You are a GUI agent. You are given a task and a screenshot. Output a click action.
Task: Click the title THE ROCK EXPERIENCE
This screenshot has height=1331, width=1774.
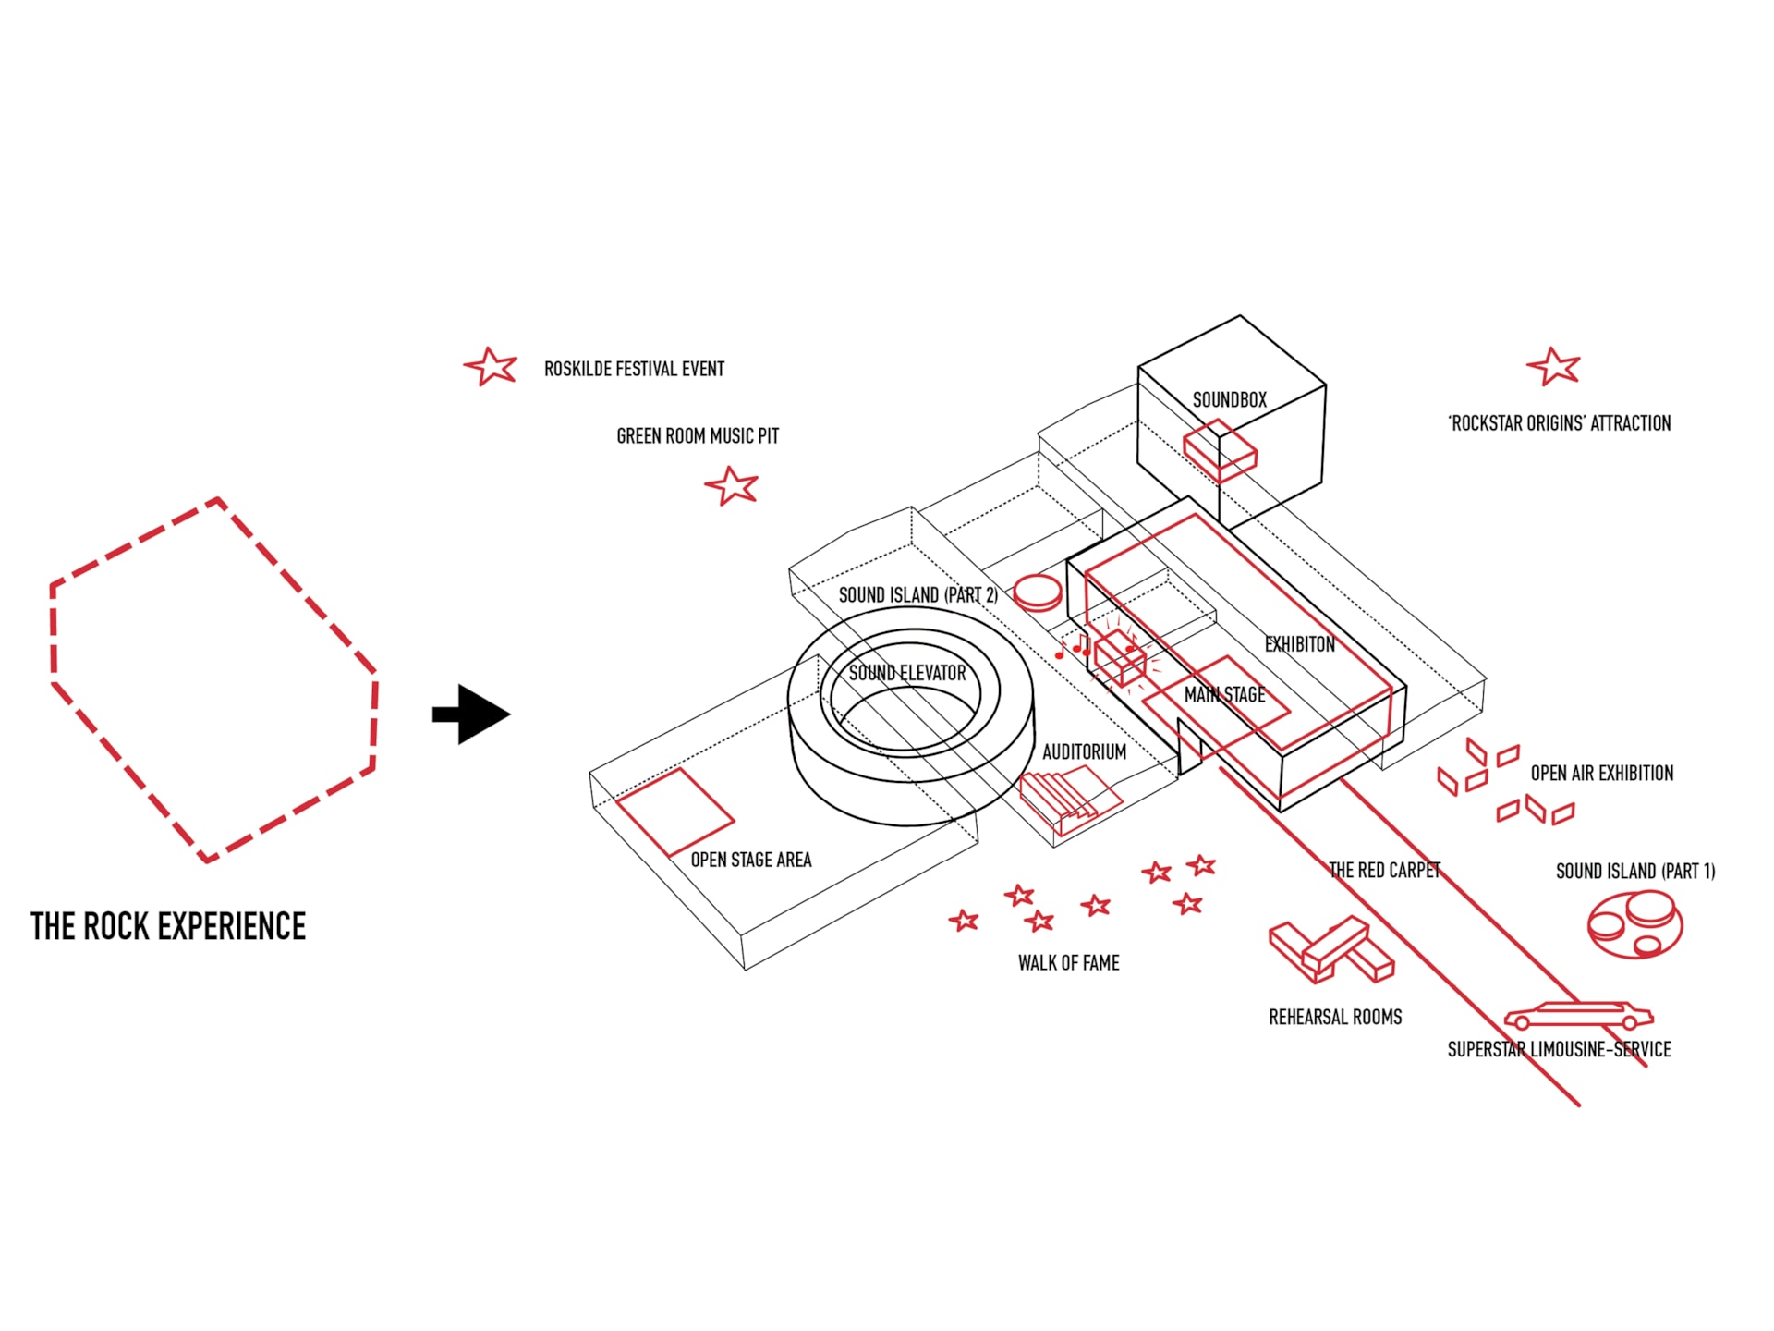point(167,926)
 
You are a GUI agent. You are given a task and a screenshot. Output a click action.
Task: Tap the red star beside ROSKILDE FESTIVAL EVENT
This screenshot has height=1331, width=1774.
point(491,367)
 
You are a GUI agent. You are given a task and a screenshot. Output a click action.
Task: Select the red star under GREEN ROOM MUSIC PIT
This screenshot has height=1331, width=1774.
point(732,485)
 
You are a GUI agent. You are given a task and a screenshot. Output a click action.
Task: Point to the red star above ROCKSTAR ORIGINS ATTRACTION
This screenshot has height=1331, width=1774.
point(1553,367)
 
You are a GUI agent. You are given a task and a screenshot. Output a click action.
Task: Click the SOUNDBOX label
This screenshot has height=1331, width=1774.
point(1229,400)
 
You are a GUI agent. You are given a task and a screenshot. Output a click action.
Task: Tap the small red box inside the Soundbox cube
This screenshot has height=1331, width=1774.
point(1220,450)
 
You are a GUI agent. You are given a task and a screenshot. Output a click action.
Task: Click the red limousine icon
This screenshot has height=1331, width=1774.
point(1578,1016)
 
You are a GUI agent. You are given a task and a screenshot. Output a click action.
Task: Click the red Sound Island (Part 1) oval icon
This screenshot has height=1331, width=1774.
point(1634,923)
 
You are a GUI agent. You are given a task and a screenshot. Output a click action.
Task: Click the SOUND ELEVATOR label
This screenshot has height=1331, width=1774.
point(906,673)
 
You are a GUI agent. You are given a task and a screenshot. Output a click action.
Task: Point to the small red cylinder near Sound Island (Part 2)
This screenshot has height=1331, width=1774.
point(1037,592)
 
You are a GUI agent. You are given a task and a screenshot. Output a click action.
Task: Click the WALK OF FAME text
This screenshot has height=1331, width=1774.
point(1068,963)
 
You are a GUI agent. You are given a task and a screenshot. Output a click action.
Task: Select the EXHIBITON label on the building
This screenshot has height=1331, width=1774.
point(1299,644)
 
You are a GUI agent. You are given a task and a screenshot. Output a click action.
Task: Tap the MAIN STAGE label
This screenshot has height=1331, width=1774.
point(1224,694)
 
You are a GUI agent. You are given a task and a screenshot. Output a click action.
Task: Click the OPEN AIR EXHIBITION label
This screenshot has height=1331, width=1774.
point(1601,773)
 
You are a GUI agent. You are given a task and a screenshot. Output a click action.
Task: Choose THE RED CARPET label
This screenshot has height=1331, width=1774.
point(1384,870)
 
